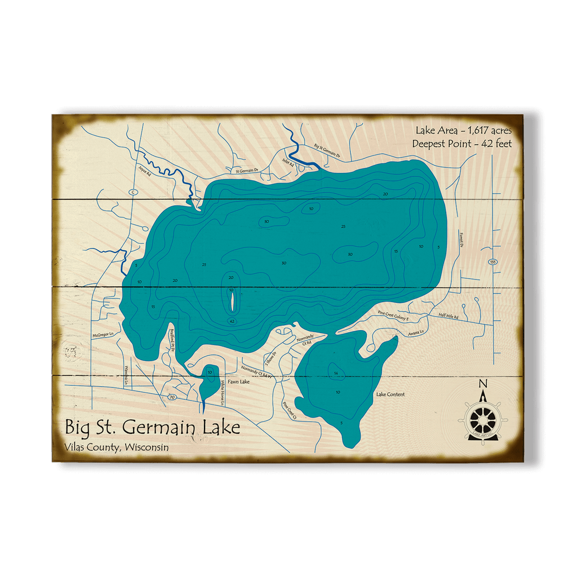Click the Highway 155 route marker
point(493,262)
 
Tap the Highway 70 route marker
point(171,397)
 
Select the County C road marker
point(133,192)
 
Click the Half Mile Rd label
point(449,317)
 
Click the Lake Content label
point(390,394)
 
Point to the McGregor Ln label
point(103,335)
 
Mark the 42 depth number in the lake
point(232,321)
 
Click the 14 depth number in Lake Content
point(335,373)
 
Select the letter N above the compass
point(482,385)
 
